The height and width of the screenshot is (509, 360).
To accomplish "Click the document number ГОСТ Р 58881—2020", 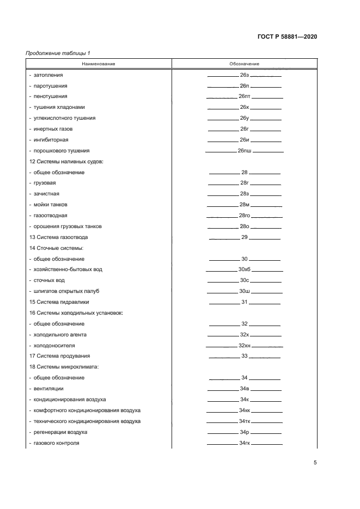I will point(287,36).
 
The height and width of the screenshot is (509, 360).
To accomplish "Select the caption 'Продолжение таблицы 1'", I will point(58,53).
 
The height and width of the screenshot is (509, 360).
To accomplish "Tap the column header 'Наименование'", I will point(99,64).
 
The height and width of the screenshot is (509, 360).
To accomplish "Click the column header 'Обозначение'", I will point(245,64).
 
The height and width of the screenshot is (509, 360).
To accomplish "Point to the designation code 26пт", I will point(245,96).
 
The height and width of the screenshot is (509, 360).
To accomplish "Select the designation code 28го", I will point(245,216).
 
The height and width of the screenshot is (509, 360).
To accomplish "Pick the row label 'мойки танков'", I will point(51,205).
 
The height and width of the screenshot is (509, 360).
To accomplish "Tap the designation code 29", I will point(245,237).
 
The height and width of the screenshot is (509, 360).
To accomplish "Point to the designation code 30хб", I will point(245,269).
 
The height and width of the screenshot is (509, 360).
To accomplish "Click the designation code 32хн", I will point(245,346).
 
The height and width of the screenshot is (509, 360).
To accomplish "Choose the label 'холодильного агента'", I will point(60,335).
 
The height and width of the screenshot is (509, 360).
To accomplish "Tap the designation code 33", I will point(245,356).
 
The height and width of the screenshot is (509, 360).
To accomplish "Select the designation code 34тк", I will point(245,421).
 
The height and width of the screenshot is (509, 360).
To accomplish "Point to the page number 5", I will point(315,463).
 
